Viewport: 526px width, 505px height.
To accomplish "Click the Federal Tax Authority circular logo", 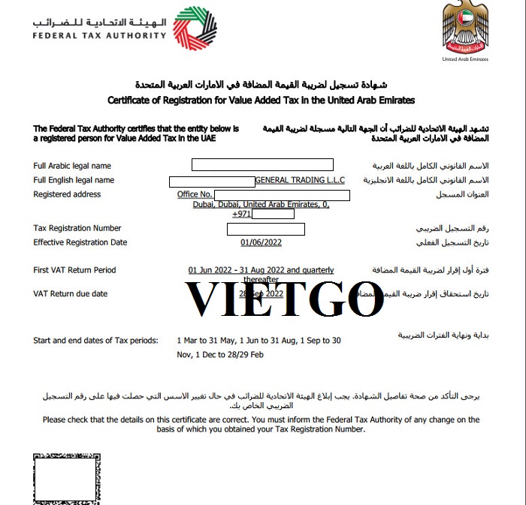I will pyautogui.click(x=195, y=30).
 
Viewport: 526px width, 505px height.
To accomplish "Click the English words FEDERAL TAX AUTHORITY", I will pyautogui.click(x=99, y=35).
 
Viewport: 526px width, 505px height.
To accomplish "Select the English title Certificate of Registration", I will pyautogui.click(x=261, y=100).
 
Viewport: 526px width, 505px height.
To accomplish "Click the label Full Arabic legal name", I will pyautogui.click(x=72, y=166).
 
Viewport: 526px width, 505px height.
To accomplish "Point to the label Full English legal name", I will pyautogui.click(x=74, y=180).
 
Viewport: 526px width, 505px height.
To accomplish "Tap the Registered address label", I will pyautogui.click(x=67, y=194).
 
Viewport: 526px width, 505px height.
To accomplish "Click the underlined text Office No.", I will pyautogui.click(x=195, y=195).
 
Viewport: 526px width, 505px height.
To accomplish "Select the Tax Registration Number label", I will pyautogui.click(x=77, y=228).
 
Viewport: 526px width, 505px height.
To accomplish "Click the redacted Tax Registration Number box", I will pyautogui.click(x=265, y=229).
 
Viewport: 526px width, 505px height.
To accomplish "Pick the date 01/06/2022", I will pyautogui.click(x=261, y=242).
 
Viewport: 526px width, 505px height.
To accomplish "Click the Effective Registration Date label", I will pyautogui.click(x=80, y=242).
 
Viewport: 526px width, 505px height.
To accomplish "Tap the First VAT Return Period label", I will pyautogui.click(x=74, y=270).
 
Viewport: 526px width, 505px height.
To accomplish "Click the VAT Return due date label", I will pyautogui.click(x=71, y=293).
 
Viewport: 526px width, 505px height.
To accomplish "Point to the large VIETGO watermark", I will pyautogui.click(x=284, y=298).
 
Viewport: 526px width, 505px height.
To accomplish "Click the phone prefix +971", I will pyautogui.click(x=241, y=215).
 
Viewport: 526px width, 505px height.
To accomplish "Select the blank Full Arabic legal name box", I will pyautogui.click(x=262, y=165).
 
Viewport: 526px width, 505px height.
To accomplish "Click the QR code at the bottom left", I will pyautogui.click(x=66, y=479).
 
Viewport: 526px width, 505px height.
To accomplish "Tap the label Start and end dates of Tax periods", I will pyautogui.click(x=95, y=341).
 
